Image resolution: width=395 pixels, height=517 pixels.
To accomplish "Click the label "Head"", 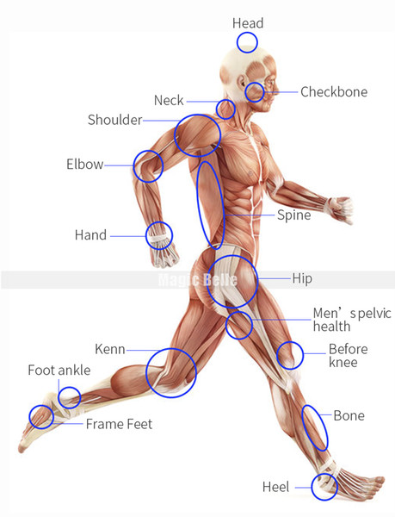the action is coord(248,23).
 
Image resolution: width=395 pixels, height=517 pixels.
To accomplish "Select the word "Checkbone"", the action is coord(334,91).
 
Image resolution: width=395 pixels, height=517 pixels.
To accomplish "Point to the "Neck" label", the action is coord(169,100).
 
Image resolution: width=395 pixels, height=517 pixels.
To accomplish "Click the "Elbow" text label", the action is coord(85,164).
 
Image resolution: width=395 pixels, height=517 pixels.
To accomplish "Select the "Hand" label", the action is coord(90,234).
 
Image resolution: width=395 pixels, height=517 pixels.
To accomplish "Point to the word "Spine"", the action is coord(294,215).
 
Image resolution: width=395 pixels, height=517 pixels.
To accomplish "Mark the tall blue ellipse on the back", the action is coord(198,204).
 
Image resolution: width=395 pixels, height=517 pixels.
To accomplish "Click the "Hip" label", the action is coord(302,278).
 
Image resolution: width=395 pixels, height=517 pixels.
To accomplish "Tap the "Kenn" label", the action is coord(110,349).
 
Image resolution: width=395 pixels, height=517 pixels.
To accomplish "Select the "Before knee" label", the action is coord(349,355).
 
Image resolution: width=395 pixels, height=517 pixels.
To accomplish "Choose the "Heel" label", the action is coord(276,487).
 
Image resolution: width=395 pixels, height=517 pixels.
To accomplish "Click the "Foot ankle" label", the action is coord(59,370).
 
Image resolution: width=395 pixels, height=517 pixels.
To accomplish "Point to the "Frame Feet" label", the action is coord(119,424).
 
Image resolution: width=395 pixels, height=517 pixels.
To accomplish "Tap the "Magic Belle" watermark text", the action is coord(198,279).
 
